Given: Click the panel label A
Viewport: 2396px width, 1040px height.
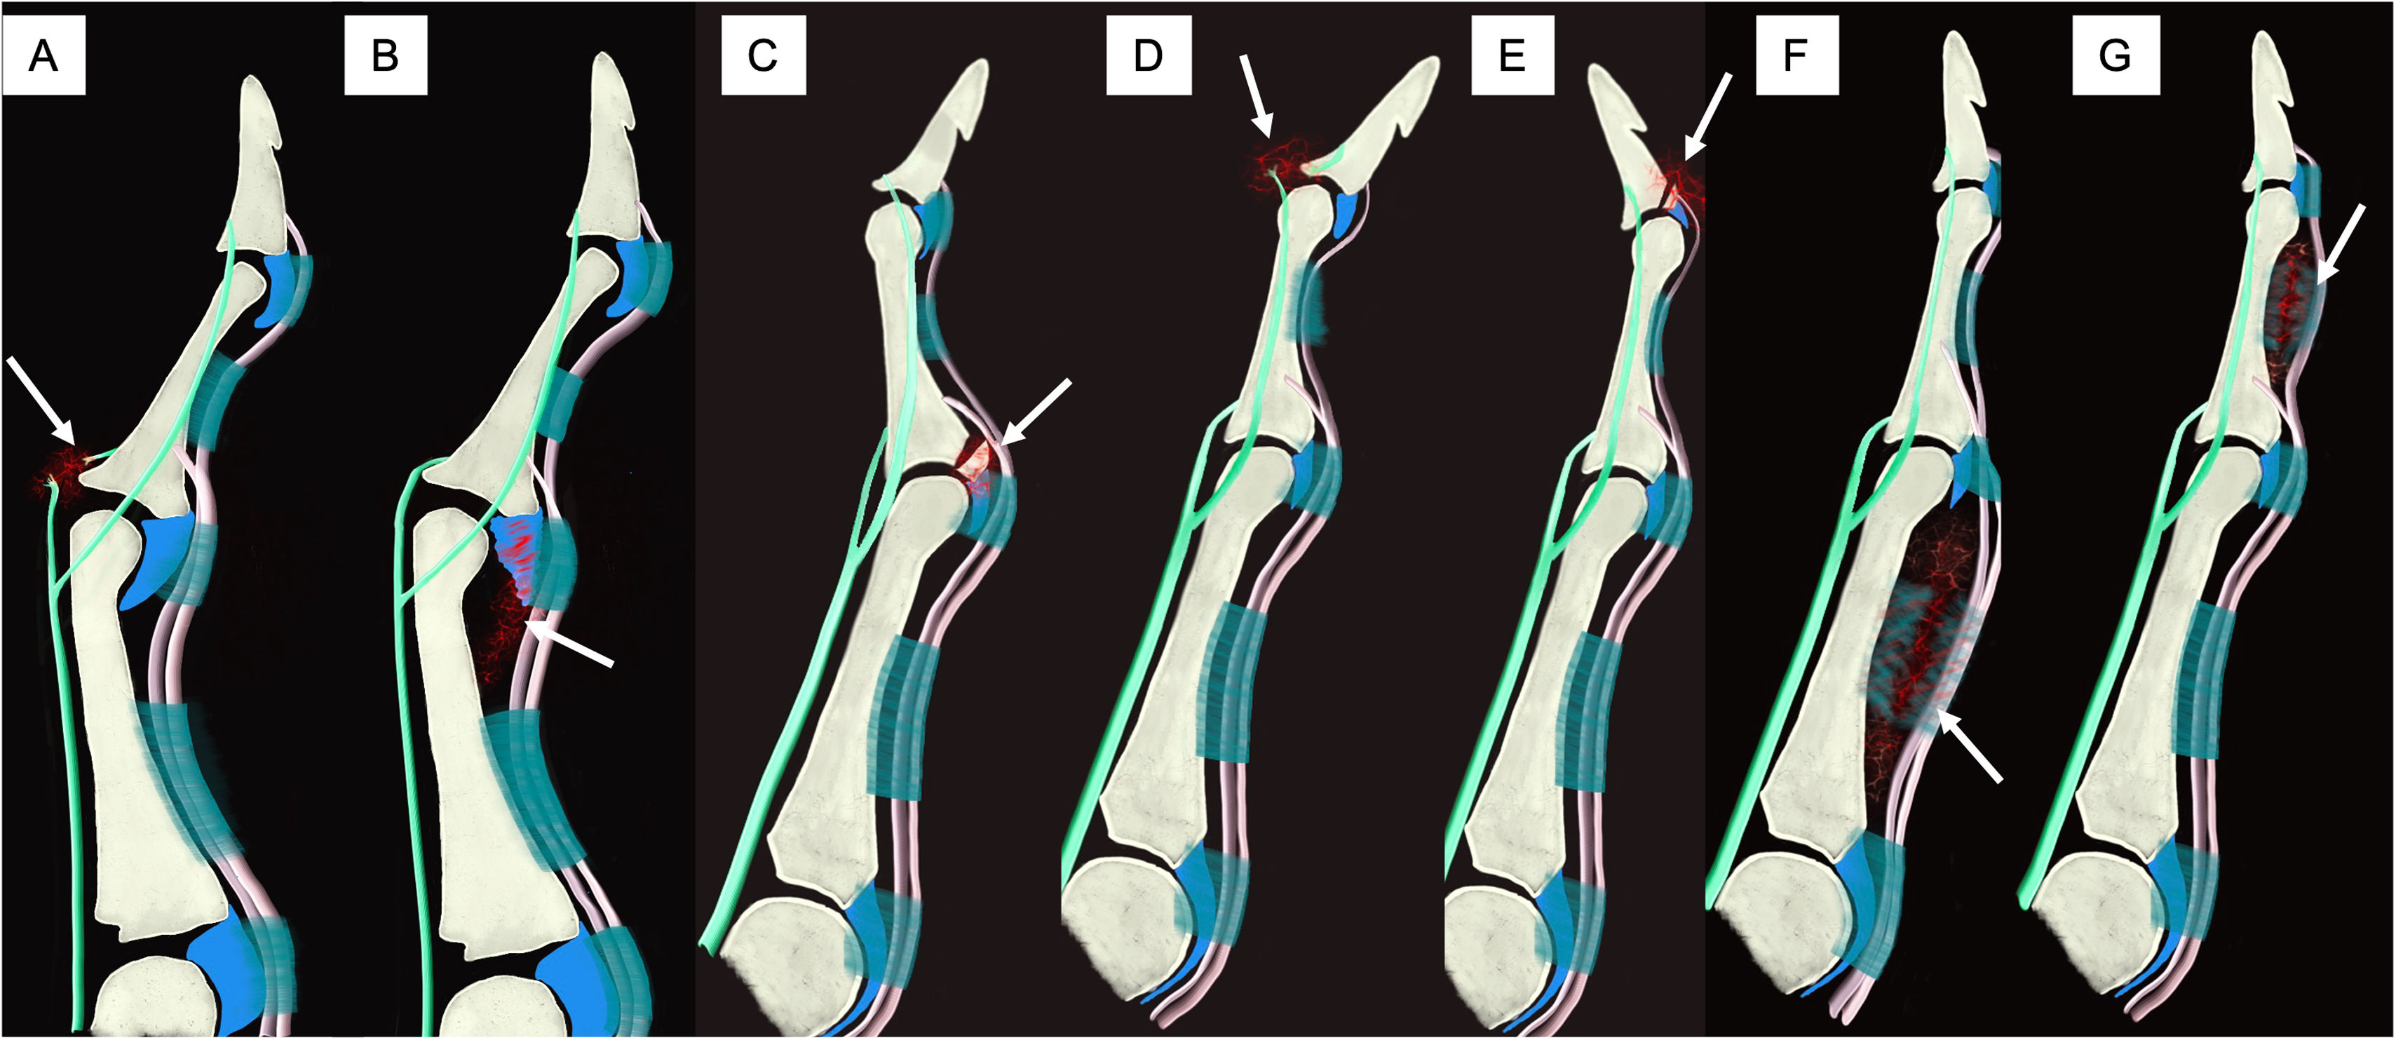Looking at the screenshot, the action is coord(43,56).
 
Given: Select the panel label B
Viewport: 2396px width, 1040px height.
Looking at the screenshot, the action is coord(385,56).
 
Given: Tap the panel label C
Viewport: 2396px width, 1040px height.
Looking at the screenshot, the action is coord(763,56).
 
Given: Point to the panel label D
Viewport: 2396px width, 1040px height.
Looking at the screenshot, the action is coord(1148,56).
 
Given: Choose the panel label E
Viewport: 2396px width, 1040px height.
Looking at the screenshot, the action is coord(1512,56).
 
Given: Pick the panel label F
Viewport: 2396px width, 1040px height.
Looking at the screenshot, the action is coord(1796,56).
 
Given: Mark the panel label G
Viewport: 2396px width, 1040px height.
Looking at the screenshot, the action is coord(2115,56).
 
